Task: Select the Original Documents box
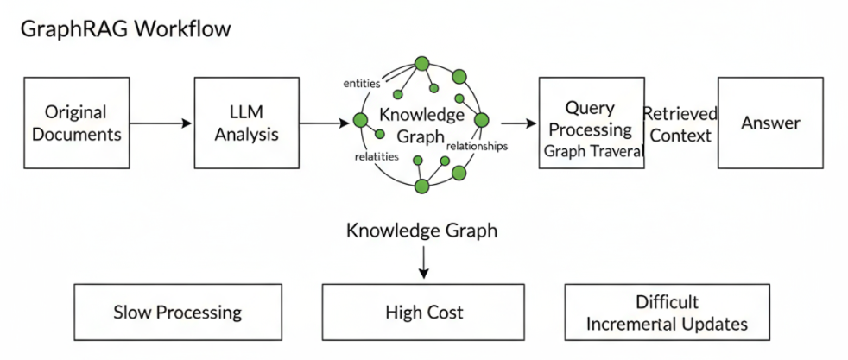pos(76,123)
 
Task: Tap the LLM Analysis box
pos(248,123)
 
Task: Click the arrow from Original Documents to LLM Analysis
pos(160,123)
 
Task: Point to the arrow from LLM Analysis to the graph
pos(325,123)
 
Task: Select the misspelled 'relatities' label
pos(376,156)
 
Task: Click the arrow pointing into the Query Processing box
pos(517,123)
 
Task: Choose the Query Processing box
pos(591,123)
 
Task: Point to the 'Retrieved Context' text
pos(680,124)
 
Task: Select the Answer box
pos(770,123)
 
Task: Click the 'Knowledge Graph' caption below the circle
pos(421,231)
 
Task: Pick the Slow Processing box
pos(178,312)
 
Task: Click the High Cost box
pos(424,312)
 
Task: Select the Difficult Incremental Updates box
pos(667,313)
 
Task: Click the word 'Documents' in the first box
pos(76,134)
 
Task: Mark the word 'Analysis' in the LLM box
pos(248,134)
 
